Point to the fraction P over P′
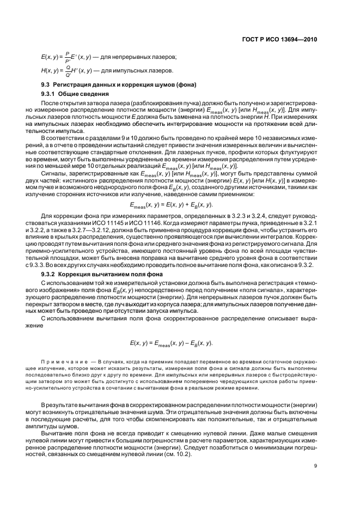coord(67,57)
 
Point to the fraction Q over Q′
coord(68,71)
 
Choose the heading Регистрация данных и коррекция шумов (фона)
coord(125,84)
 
